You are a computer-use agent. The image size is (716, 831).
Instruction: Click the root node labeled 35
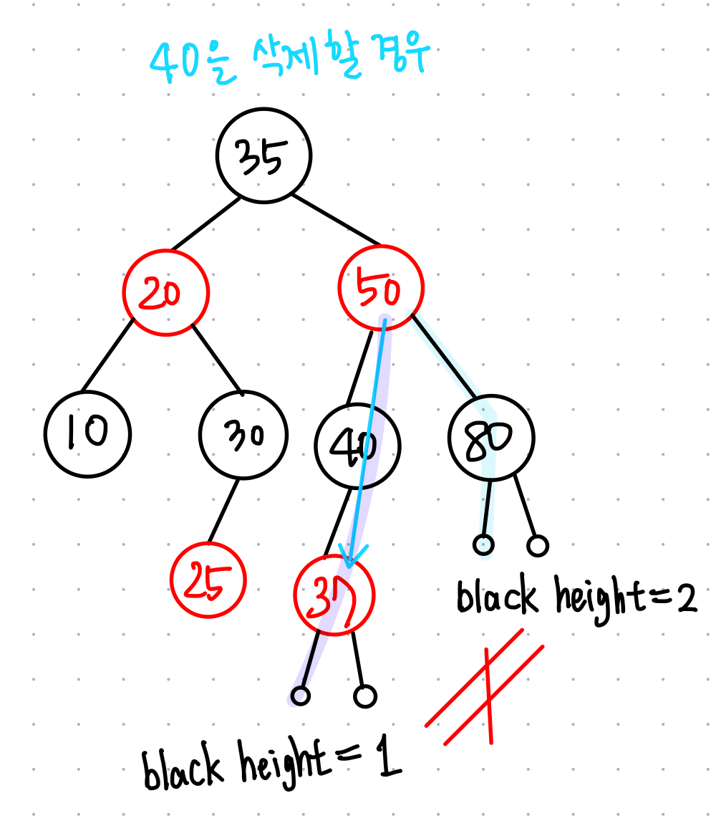(x=264, y=155)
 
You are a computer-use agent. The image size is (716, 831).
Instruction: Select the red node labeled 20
(x=165, y=293)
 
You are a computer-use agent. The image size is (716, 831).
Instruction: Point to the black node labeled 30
(x=243, y=435)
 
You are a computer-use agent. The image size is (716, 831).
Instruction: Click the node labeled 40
(x=357, y=445)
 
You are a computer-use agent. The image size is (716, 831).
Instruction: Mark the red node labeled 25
(x=208, y=580)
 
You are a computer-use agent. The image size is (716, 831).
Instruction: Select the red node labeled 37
(x=334, y=596)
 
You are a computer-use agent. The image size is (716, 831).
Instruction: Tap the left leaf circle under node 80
(x=484, y=544)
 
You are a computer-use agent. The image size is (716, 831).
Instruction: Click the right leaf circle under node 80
(x=538, y=546)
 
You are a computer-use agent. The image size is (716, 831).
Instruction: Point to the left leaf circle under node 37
(x=301, y=695)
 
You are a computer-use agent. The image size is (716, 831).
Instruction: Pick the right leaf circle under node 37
(x=365, y=696)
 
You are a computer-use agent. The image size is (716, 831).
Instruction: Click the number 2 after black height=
(x=686, y=600)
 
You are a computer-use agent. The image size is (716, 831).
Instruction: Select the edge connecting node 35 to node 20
(x=206, y=224)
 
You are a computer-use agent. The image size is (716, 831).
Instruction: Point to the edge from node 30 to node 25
(x=223, y=510)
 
